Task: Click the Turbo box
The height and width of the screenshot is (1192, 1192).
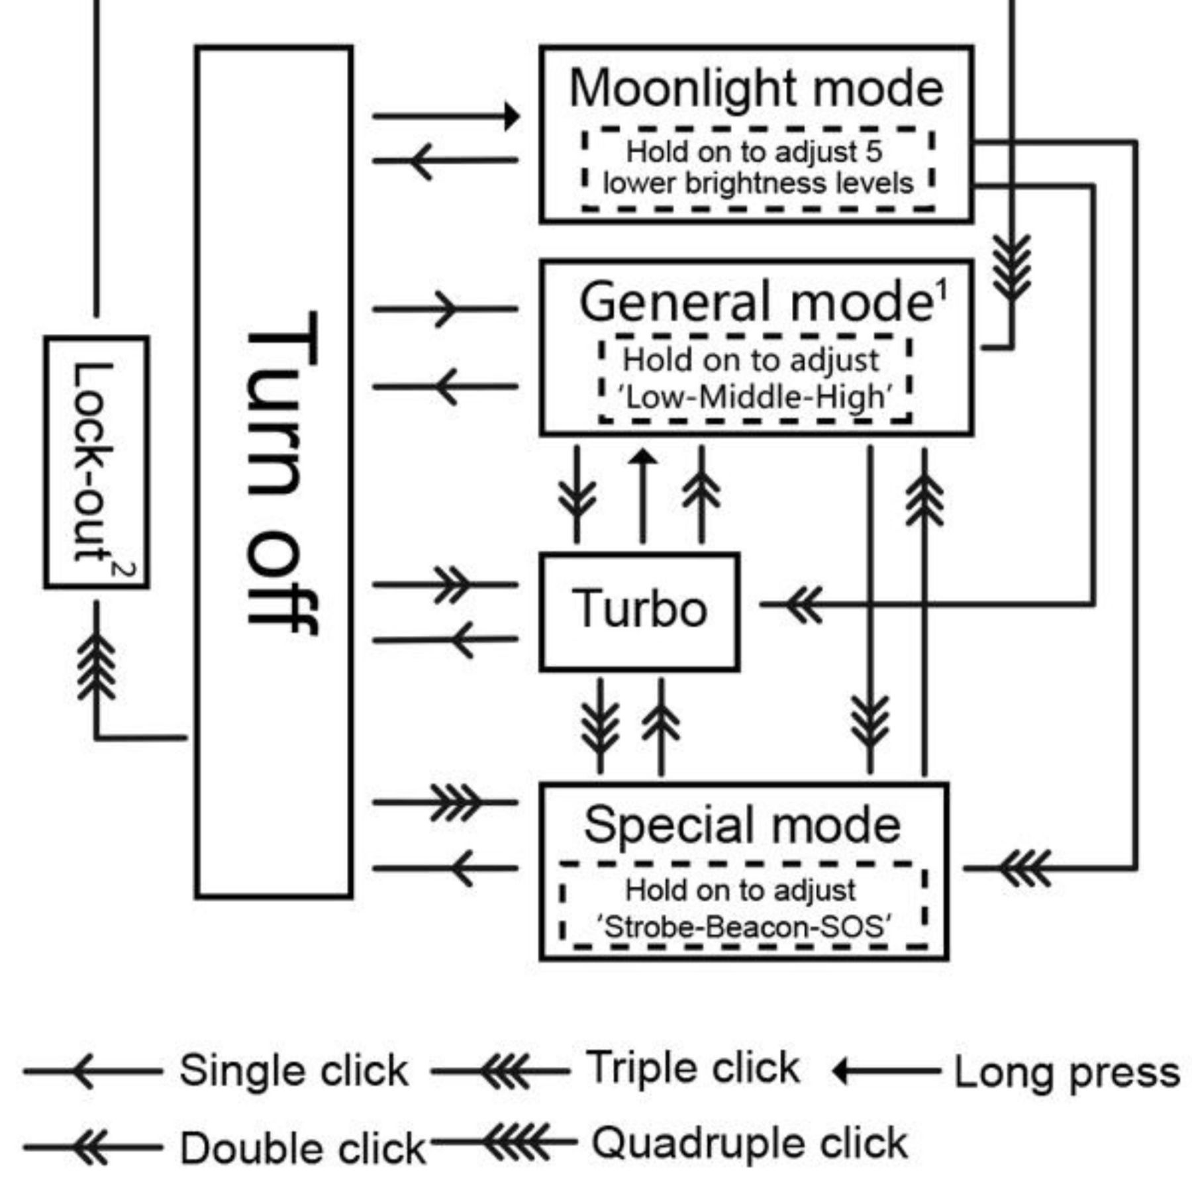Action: coord(639,611)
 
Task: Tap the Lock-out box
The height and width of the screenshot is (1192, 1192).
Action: coord(96,462)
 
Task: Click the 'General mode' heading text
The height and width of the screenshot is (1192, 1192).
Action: coord(755,302)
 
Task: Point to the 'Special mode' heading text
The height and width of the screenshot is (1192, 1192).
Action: coord(742,825)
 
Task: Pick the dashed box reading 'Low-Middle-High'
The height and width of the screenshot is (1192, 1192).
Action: coord(755,379)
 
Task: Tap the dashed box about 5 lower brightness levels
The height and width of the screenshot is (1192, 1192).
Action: coord(758,169)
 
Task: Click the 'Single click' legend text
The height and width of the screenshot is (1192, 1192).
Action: coord(293,1071)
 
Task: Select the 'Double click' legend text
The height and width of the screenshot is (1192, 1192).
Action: coord(301,1148)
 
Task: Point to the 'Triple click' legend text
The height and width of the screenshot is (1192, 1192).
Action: coord(693,1068)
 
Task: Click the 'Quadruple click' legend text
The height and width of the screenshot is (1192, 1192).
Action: coord(748,1143)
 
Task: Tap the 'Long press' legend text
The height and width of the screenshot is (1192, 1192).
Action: coord(1066,1072)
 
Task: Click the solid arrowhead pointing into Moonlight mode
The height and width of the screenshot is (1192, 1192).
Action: coord(511,117)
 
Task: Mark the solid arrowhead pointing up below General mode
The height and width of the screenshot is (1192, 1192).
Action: coord(642,457)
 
